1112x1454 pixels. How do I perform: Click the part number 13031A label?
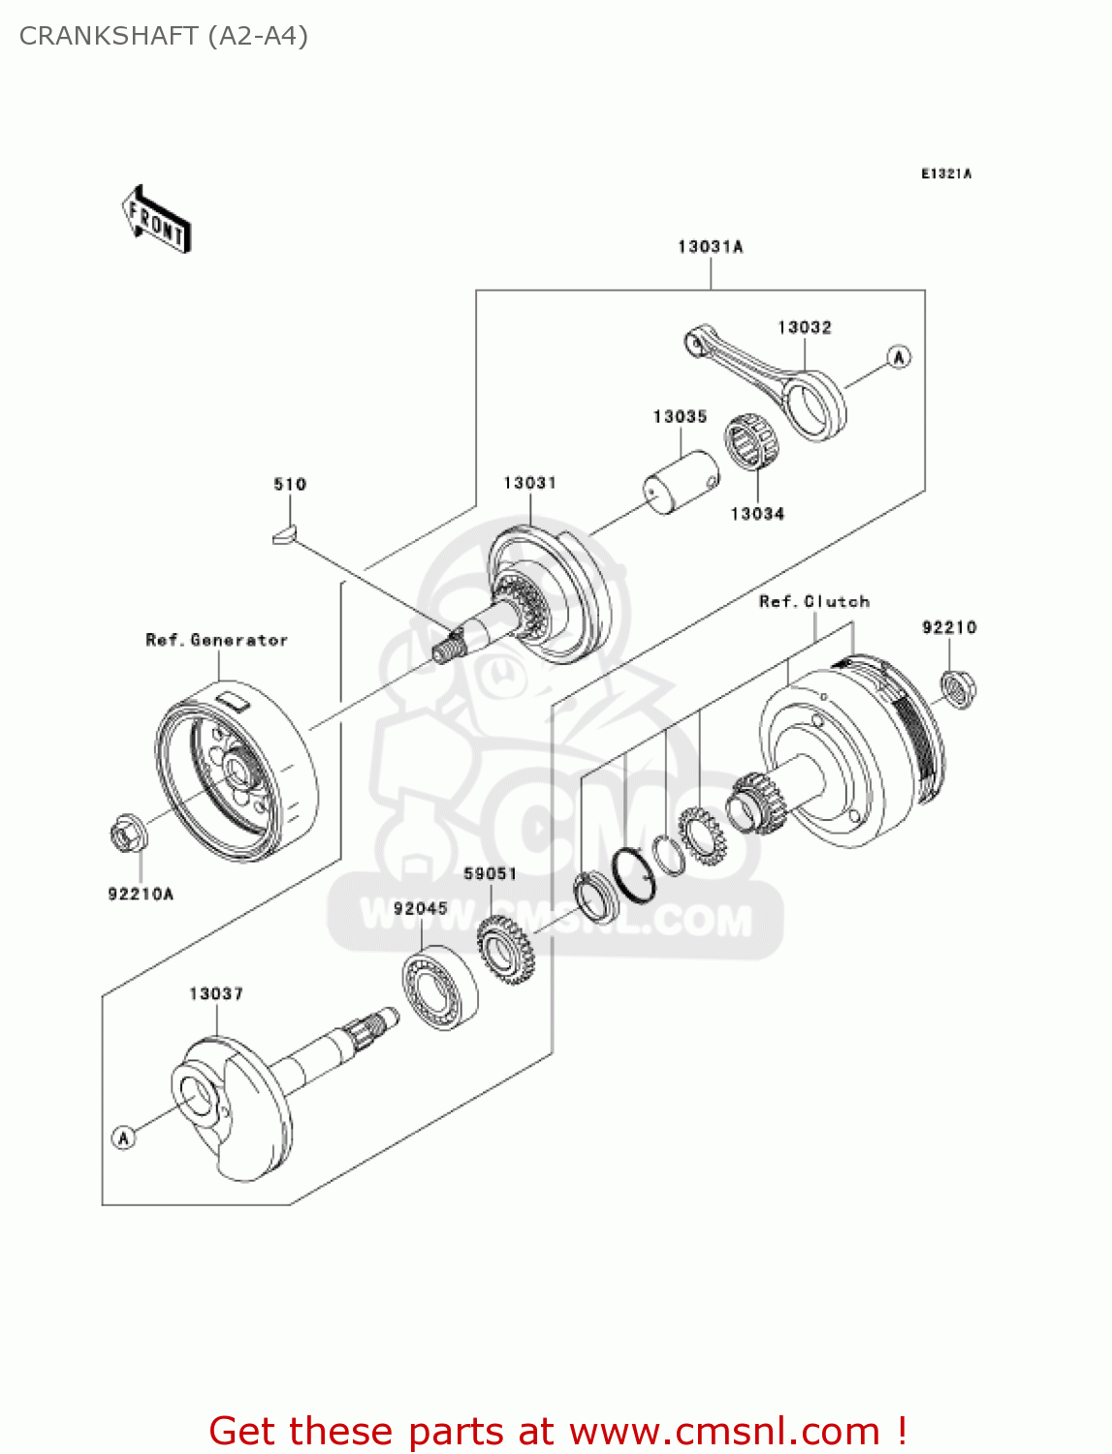point(710,247)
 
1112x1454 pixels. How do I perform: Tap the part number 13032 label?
point(804,328)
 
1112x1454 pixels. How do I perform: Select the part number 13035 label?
point(680,417)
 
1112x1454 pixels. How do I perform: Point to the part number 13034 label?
point(756,514)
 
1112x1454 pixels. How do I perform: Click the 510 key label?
point(289,484)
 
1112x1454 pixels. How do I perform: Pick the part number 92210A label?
point(141,894)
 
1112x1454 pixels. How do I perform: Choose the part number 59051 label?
point(490,873)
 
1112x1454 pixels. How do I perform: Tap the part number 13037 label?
point(215,994)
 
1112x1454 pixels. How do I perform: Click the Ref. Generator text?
point(216,640)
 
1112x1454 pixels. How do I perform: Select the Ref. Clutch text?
point(813,601)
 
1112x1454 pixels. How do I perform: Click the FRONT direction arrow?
point(156,219)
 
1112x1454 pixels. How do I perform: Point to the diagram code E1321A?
point(945,174)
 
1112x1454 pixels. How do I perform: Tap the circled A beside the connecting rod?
point(899,357)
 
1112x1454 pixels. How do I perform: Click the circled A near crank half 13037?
point(123,1137)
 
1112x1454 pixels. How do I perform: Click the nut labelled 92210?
point(958,689)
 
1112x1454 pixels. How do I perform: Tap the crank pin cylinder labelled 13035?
point(683,482)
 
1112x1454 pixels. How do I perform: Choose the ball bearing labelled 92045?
point(440,988)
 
